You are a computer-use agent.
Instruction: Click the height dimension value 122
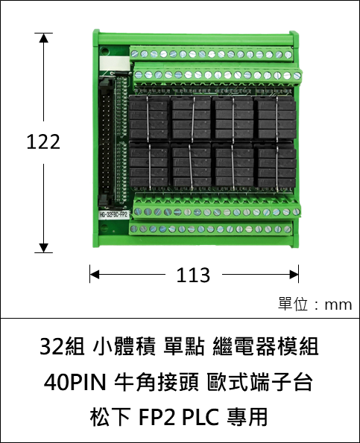click(43, 141)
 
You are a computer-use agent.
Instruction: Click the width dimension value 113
click(194, 275)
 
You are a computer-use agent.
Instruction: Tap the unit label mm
click(338, 305)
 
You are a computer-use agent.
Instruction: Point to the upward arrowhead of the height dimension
click(43, 38)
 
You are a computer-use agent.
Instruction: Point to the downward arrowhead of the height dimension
click(43, 248)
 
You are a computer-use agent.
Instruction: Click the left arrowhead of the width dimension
click(95, 274)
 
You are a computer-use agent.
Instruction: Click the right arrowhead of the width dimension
click(294, 274)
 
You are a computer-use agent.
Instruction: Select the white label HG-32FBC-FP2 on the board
click(114, 214)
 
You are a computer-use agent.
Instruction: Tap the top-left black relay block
click(149, 118)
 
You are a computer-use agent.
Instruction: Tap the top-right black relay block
click(277, 118)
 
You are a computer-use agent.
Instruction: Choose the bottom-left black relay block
click(149, 165)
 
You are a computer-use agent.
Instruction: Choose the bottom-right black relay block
click(276, 165)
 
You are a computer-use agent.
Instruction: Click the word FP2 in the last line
click(157, 417)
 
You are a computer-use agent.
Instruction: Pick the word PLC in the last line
click(200, 417)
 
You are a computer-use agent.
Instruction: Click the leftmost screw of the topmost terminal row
click(135, 54)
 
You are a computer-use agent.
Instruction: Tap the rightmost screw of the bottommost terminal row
click(287, 229)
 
